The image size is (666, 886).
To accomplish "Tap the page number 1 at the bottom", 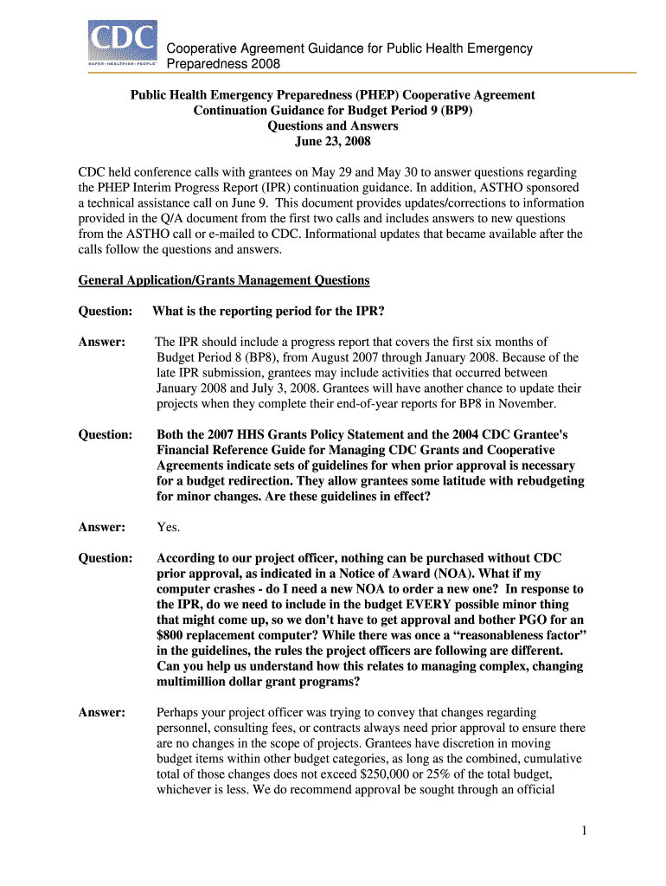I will tap(585, 831).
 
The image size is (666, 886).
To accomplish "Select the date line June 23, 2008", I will tap(332, 142).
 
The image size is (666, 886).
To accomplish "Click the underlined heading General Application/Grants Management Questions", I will tap(224, 280).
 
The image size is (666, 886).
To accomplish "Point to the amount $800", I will tap(173, 635).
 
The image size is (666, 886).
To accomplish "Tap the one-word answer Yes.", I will tap(169, 527).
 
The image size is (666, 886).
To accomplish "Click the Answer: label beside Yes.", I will tap(102, 527).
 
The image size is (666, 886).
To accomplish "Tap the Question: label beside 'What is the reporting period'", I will tap(105, 311).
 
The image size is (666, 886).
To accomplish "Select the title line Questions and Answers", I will tap(332, 126).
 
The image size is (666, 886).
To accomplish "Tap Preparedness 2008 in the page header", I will tap(223, 64).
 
